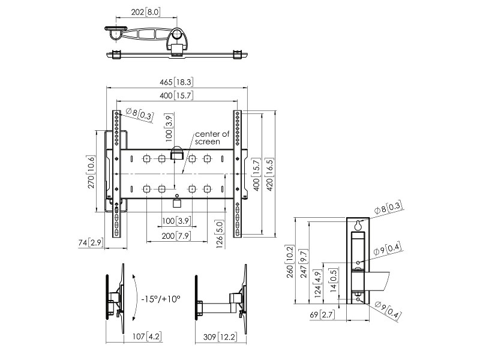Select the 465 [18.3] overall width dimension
[x=176, y=82]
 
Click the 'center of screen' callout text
[x=208, y=138]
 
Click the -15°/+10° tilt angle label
[x=161, y=298]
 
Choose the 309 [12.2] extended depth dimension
[x=218, y=336]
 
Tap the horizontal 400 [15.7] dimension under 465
[x=176, y=96]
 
